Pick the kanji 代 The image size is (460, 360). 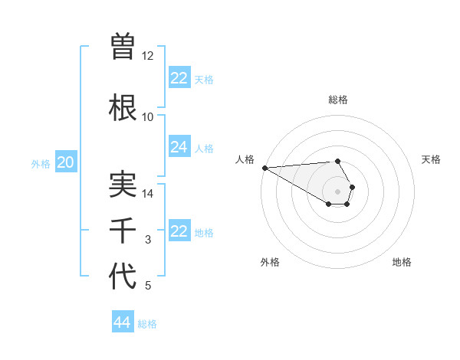coord(123,277)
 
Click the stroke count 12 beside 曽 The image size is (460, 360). coord(148,56)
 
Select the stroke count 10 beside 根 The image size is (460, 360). coord(148,117)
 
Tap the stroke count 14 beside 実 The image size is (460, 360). coord(148,194)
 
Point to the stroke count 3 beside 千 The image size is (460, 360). coord(148,240)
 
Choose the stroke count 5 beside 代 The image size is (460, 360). coord(148,286)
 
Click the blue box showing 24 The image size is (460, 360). coord(179,147)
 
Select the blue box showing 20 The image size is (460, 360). coord(66,162)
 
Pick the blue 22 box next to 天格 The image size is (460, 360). coord(179,78)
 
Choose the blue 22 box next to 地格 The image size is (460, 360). coord(179,231)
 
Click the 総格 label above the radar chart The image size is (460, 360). coord(338,100)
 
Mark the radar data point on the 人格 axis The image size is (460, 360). coord(264,168)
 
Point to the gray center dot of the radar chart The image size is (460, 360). coord(337,191)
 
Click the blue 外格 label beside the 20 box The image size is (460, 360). coord(41,163)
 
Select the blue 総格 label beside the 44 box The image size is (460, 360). coord(148,324)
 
